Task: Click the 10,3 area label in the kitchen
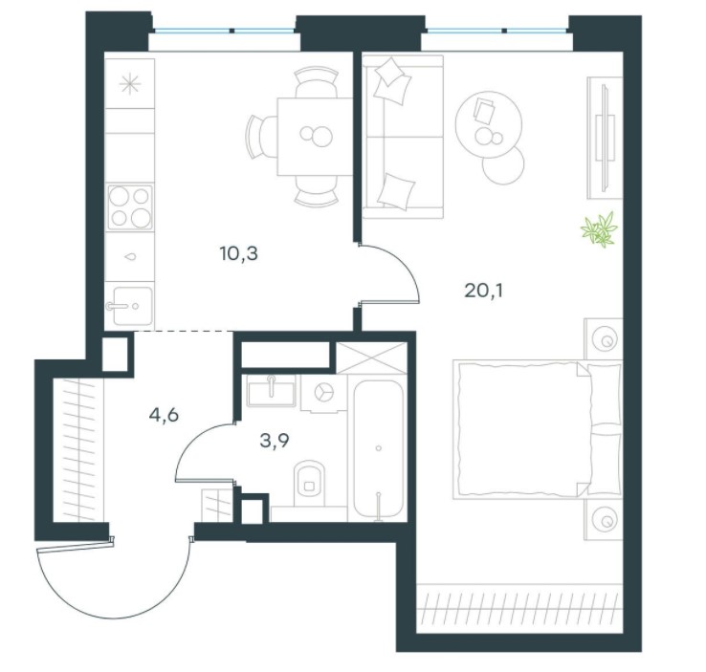238,254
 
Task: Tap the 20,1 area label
483,291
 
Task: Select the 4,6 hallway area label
164,415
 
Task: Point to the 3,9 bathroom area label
275,441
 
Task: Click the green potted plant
599,229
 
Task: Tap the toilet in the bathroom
309,482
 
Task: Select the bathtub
378,450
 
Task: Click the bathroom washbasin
271,390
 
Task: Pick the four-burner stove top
130,206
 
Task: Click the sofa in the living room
403,137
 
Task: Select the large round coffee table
489,124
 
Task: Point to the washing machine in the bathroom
323,393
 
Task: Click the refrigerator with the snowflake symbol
130,84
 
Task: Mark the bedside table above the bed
604,338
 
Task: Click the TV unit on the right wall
605,138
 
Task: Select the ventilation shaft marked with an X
372,358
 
